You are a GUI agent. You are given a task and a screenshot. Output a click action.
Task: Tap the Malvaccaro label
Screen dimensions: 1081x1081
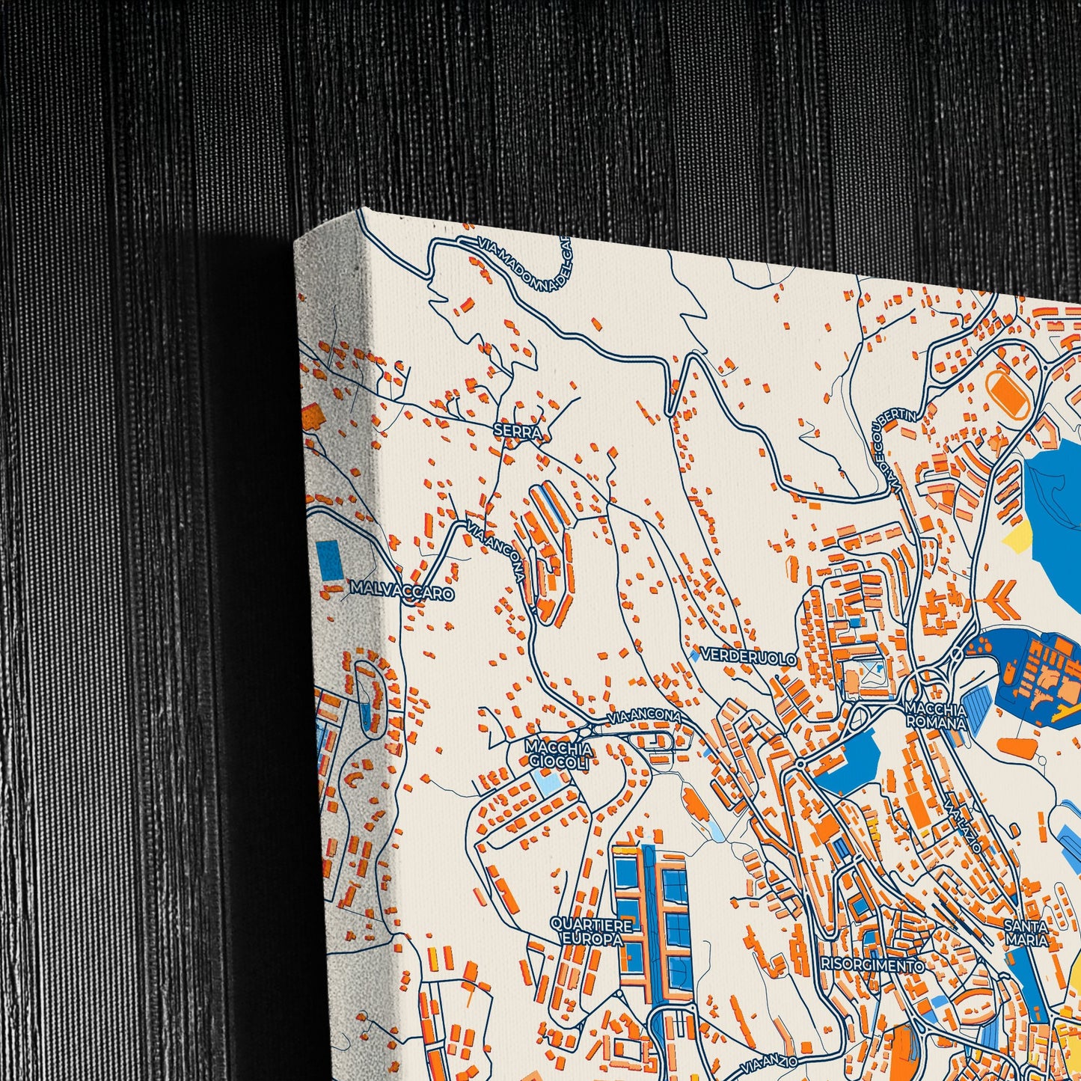tap(401, 592)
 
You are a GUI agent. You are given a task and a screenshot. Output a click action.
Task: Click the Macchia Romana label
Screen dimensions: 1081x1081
tap(935, 715)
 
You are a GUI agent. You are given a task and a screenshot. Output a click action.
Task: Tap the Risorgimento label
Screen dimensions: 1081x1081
tap(872, 965)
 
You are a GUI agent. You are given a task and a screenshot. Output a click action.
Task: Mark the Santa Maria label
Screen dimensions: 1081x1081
tap(1027, 933)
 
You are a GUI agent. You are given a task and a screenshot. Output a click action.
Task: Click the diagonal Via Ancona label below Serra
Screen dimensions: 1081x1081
tap(494, 552)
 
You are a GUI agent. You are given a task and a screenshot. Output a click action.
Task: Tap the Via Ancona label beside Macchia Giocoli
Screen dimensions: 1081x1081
tap(643, 717)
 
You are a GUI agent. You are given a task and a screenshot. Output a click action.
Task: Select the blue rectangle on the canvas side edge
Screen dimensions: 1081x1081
tap(330, 560)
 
